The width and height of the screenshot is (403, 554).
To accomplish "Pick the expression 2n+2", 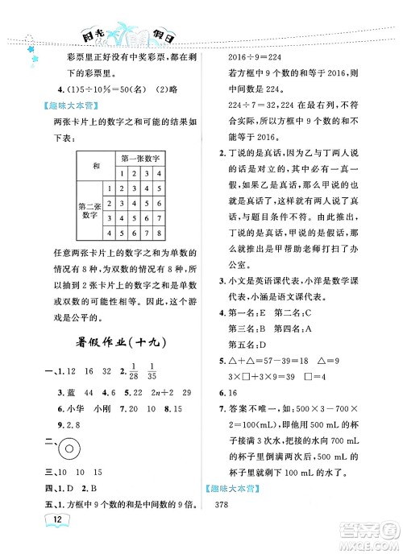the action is [164, 391].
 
